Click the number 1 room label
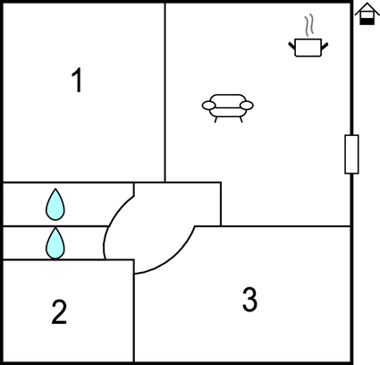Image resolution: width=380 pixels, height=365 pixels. tap(77, 80)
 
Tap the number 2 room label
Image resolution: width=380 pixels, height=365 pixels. tap(59, 311)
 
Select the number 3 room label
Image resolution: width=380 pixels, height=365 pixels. tap(249, 299)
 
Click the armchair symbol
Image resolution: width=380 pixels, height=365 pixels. tap(228, 108)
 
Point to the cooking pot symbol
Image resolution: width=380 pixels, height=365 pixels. tap(308, 47)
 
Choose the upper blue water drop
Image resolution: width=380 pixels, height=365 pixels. tap(55, 205)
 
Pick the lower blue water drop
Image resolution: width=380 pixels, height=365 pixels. tap(55, 243)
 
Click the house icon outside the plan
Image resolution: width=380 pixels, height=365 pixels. tap(367, 13)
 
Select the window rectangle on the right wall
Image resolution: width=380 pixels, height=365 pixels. tap(351, 154)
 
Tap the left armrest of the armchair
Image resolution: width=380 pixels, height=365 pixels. tap(208, 106)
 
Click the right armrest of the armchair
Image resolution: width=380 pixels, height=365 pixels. tap(247, 106)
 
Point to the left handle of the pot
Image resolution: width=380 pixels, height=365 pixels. tap(291, 47)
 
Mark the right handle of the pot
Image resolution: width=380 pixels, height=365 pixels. tap(325, 47)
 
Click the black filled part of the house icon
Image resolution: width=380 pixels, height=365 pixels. tap(367, 21)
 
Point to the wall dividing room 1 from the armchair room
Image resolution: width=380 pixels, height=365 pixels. tap(165, 92)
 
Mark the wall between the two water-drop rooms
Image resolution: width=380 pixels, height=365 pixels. tap(55, 226)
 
